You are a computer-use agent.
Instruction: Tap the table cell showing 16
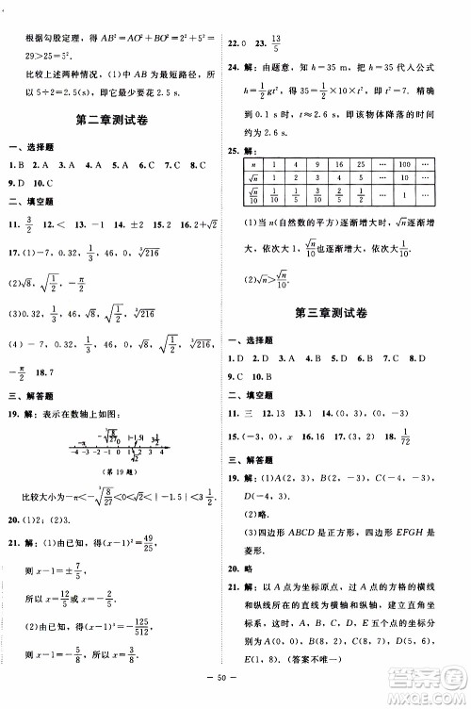click(x=338, y=164)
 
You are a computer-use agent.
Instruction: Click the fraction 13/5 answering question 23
click(x=277, y=42)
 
